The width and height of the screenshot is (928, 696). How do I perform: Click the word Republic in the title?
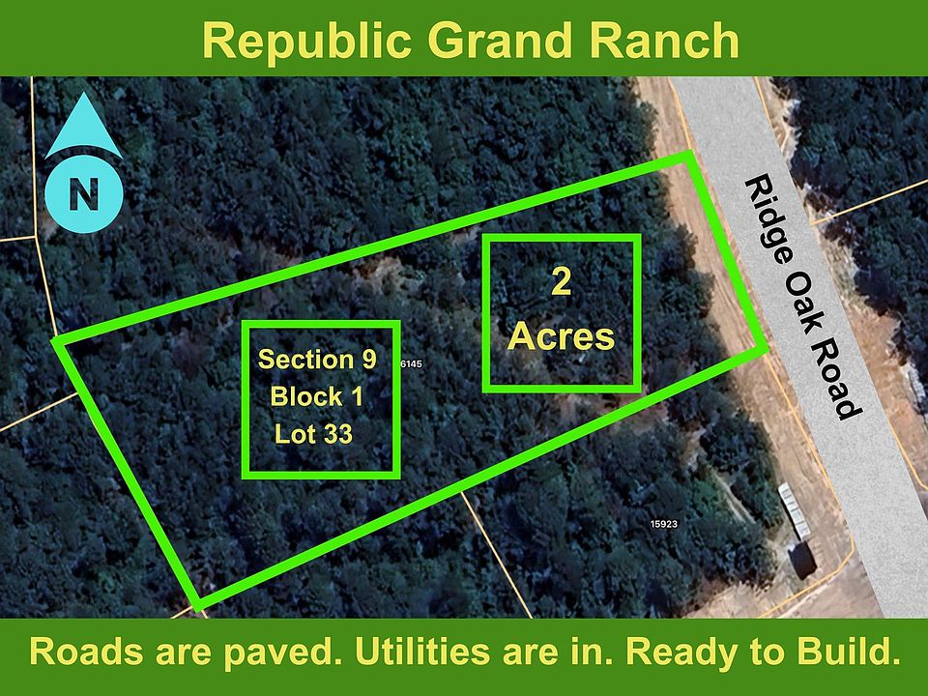[x=306, y=42]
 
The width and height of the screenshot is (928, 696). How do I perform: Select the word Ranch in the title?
[x=664, y=41]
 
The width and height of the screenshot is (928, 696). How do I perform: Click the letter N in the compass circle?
[x=83, y=193]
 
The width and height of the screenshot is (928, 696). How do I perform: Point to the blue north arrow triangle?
[x=83, y=128]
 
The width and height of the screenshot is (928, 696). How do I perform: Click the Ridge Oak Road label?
[x=802, y=297]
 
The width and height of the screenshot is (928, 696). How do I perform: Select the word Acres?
[x=561, y=336]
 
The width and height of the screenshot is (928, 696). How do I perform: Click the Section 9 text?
[x=317, y=360]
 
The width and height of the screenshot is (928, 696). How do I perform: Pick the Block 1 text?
[x=317, y=396]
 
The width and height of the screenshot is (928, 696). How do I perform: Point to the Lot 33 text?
[x=313, y=434]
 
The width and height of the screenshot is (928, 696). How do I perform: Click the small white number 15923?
[x=663, y=524]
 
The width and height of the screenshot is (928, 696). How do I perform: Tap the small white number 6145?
[x=412, y=364]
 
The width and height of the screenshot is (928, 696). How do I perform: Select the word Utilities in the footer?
[x=422, y=651]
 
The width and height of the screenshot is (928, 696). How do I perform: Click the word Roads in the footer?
[x=86, y=651]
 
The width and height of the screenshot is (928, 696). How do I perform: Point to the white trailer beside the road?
[x=794, y=510]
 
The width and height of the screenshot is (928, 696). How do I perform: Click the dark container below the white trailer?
[x=803, y=560]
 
